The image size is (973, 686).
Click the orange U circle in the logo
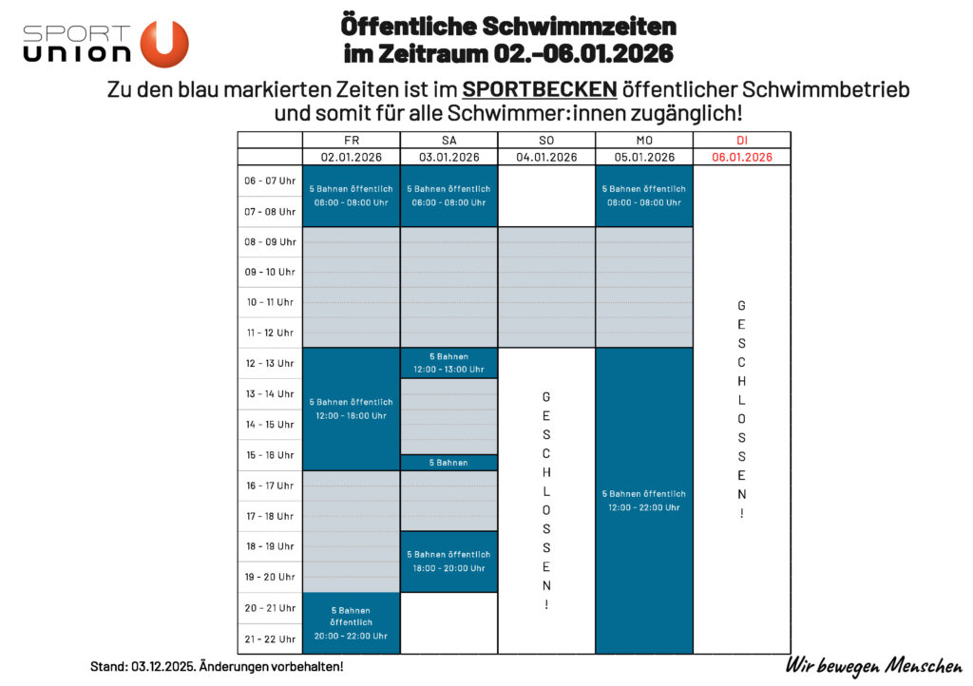(164, 44)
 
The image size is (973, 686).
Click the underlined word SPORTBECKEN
(540, 89)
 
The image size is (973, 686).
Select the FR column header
(351, 140)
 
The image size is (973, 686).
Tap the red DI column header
(741, 140)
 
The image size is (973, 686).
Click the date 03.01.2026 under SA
(448, 157)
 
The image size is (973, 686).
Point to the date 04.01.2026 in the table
(546, 157)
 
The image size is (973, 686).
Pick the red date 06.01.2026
(741, 157)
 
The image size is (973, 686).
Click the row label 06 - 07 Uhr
(270, 181)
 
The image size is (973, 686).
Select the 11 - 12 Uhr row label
(270, 333)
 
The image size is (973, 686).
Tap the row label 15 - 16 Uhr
(270, 455)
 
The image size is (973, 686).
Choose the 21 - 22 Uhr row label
(270, 638)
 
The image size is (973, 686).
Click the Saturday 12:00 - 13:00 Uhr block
(448, 363)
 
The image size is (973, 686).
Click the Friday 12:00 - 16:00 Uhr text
(351, 415)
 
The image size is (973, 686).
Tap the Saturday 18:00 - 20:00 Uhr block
(448, 561)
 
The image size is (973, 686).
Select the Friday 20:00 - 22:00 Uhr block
(351, 623)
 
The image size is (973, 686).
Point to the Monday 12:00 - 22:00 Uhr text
(644, 506)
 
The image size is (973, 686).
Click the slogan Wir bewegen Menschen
(873, 665)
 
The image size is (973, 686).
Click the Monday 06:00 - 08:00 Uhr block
(644, 196)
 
